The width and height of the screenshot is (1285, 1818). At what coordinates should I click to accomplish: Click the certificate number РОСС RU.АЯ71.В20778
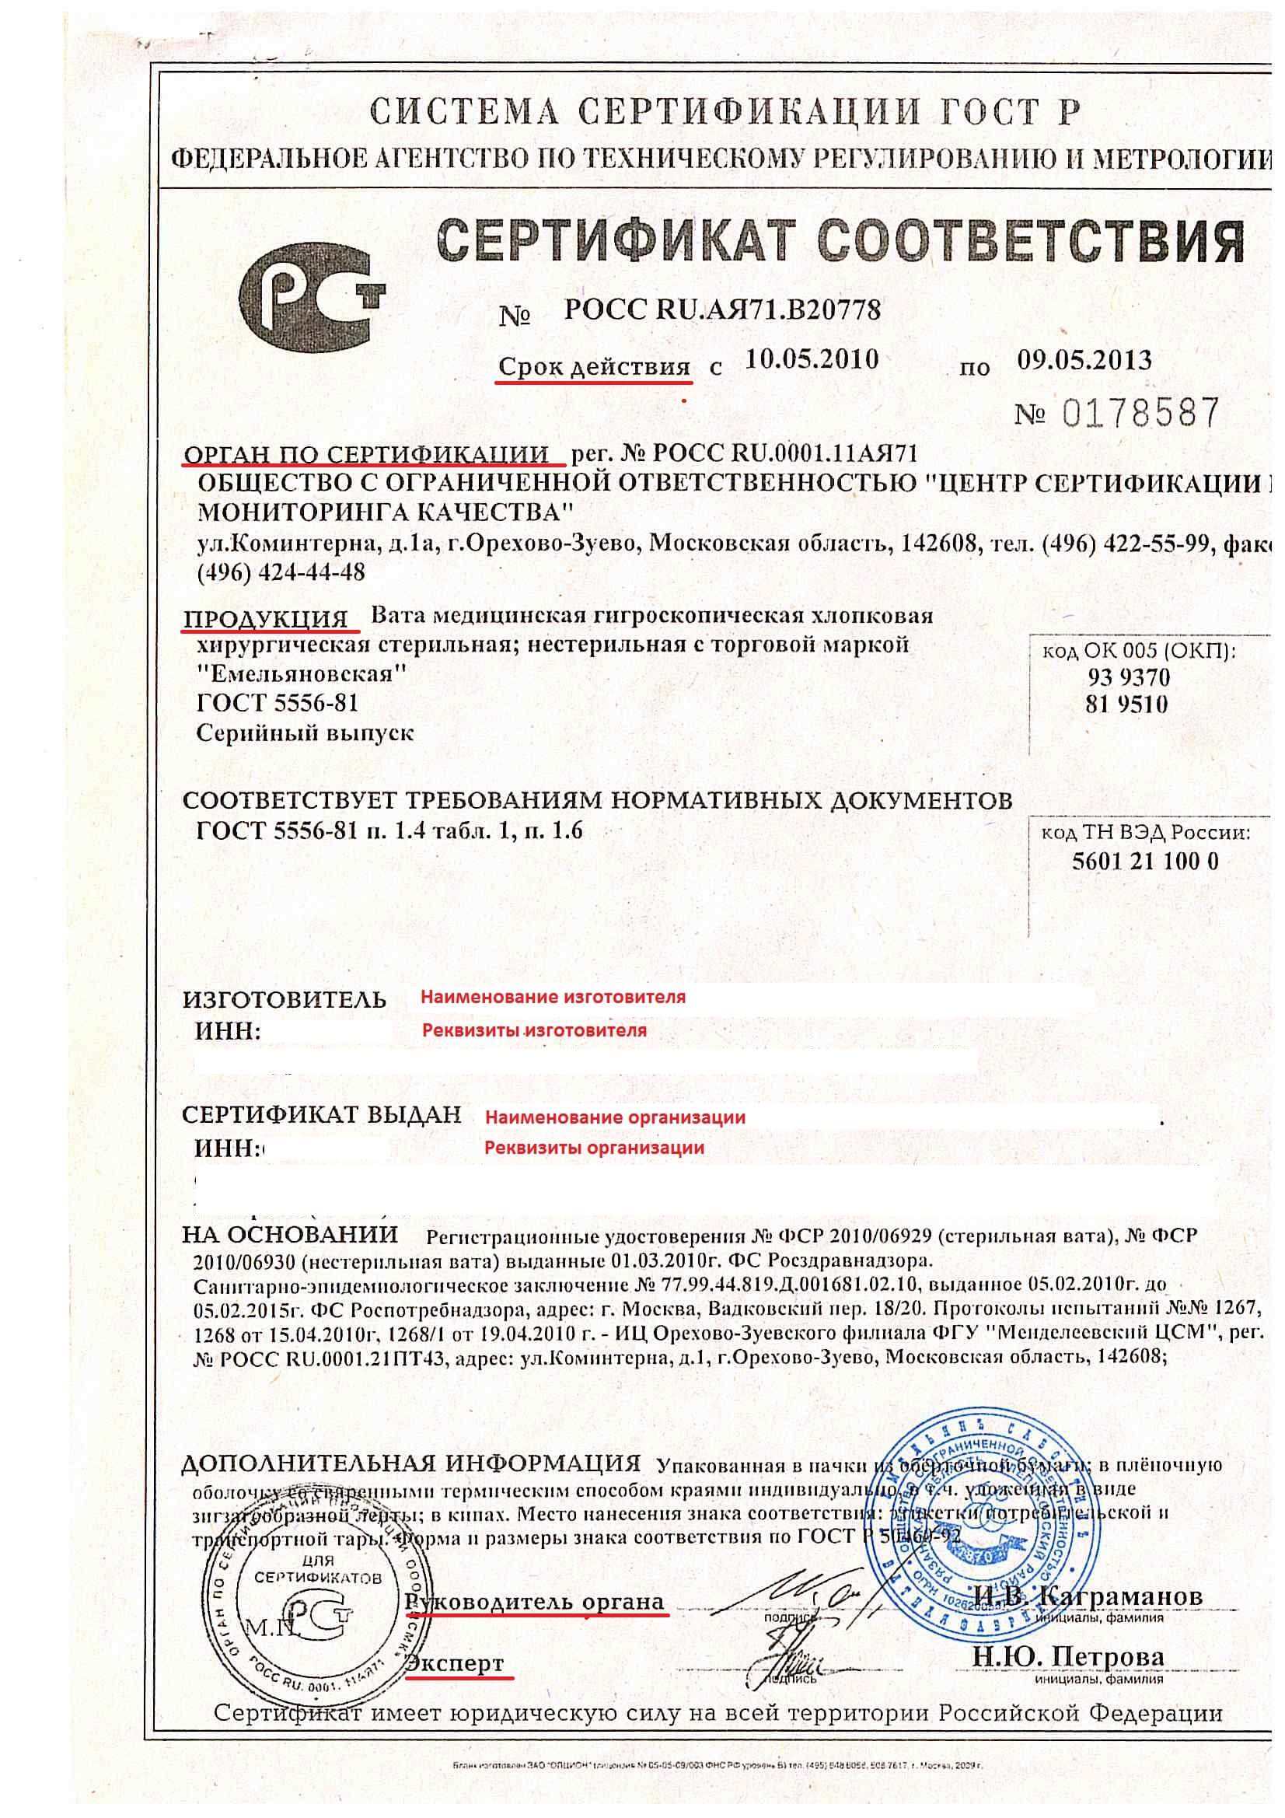(x=721, y=309)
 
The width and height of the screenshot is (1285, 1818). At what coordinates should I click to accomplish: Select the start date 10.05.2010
(x=812, y=360)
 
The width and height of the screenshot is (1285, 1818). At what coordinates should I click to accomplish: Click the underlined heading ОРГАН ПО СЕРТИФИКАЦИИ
(x=366, y=453)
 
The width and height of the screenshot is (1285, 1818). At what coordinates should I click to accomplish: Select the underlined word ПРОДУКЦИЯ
(x=266, y=618)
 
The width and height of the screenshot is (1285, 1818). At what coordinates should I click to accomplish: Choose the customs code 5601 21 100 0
(x=1145, y=861)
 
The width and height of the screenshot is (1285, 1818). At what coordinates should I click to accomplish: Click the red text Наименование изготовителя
(x=553, y=997)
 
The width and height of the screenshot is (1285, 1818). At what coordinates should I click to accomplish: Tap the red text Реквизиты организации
(x=594, y=1148)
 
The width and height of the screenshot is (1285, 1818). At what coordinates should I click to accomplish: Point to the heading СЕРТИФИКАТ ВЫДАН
(x=320, y=1115)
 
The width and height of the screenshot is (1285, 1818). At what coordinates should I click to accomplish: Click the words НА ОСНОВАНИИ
(x=290, y=1235)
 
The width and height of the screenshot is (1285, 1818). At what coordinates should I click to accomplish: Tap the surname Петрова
(x=1109, y=1656)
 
